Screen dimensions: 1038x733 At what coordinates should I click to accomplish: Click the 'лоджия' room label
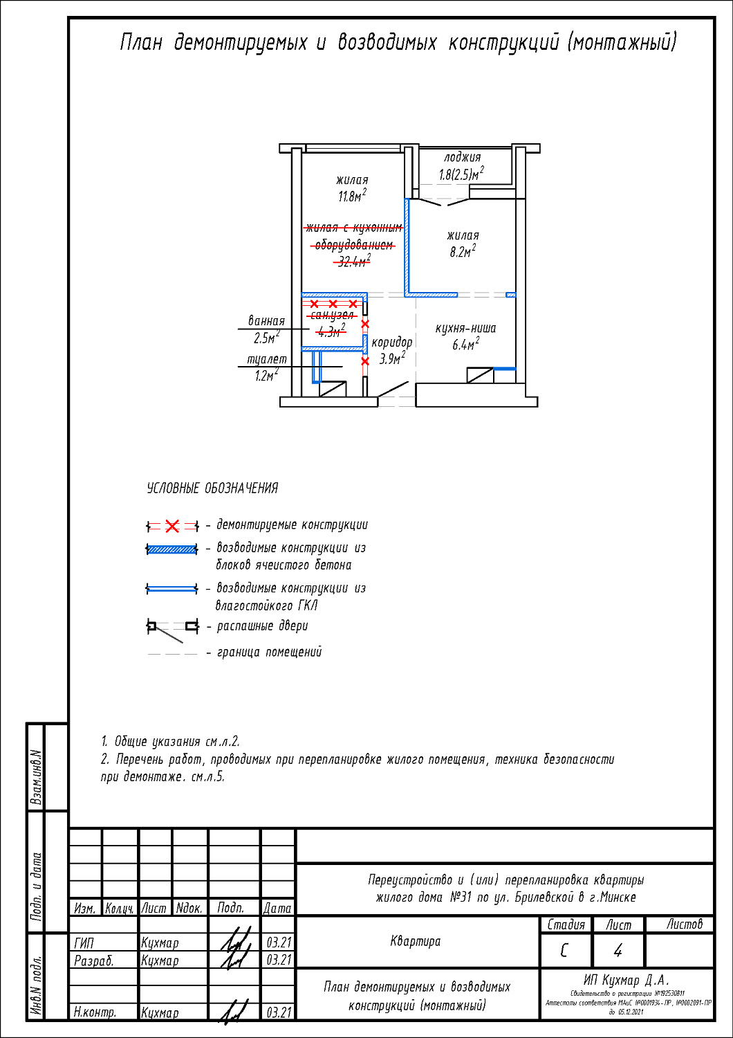pyautogui.click(x=462, y=158)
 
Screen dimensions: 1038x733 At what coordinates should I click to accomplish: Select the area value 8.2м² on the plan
pyautogui.click(x=463, y=253)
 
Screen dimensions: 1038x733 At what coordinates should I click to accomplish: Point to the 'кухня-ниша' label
pyautogui.click(x=465, y=329)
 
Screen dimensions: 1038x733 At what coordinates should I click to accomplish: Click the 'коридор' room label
pyautogui.click(x=391, y=343)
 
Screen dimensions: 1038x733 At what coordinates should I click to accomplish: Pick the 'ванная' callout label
pyautogui.click(x=266, y=321)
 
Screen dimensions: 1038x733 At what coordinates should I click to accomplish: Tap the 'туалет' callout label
pyautogui.click(x=267, y=359)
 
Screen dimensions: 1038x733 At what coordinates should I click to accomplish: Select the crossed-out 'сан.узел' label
pyautogui.click(x=333, y=316)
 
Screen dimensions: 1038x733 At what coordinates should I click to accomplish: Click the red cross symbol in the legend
pyautogui.click(x=172, y=527)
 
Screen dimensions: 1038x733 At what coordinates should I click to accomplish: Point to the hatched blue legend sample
pyautogui.click(x=172, y=550)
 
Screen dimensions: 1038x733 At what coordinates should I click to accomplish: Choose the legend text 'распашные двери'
pyautogui.click(x=262, y=626)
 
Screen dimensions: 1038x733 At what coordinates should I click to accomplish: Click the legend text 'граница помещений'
pyautogui.click(x=269, y=652)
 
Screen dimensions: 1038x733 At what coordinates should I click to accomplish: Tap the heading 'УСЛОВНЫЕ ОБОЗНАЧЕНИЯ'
pyautogui.click(x=212, y=489)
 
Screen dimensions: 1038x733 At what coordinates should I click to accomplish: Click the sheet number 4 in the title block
pyautogui.click(x=618, y=951)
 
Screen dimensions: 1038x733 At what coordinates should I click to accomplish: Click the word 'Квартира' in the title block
pyautogui.click(x=415, y=941)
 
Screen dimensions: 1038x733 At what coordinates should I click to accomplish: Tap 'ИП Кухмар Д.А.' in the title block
pyautogui.click(x=627, y=980)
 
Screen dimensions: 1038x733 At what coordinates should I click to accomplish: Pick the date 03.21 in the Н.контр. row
pyautogui.click(x=279, y=1012)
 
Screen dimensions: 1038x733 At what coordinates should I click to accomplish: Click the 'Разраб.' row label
pyautogui.click(x=93, y=960)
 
